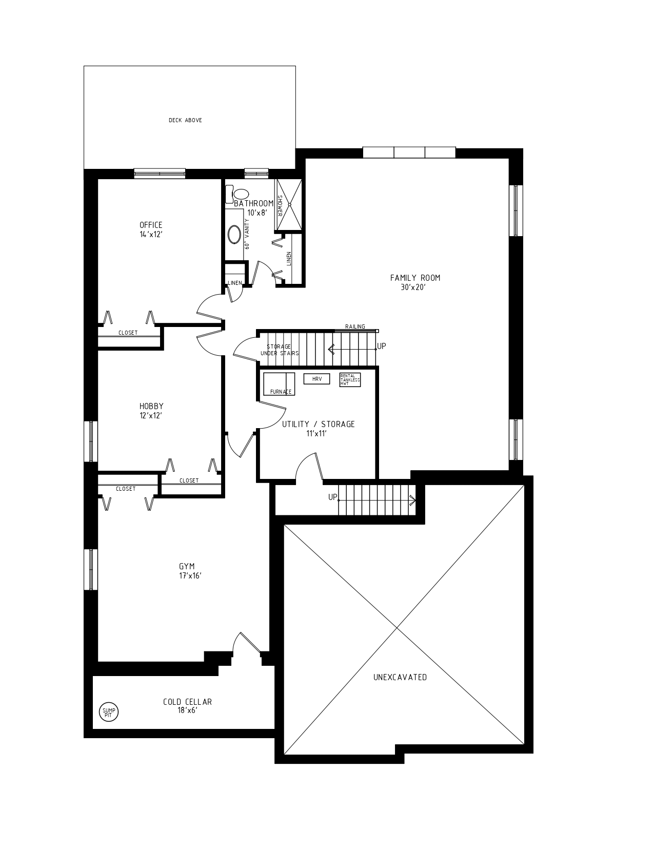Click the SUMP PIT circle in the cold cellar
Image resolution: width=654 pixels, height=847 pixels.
[x=108, y=712]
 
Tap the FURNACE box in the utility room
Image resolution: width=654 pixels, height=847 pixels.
[x=279, y=384]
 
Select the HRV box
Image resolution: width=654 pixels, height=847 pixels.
[x=316, y=379]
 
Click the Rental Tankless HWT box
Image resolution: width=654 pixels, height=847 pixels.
[x=350, y=380]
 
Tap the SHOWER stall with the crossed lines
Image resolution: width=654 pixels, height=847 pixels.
[x=289, y=204]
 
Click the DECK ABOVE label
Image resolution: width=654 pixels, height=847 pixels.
[x=185, y=120]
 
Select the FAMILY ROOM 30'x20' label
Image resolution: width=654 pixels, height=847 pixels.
[x=415, y=282]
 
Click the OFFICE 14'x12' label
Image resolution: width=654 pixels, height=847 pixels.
[x=151, y=229]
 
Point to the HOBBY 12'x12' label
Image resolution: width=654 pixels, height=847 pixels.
[x=151, y=411]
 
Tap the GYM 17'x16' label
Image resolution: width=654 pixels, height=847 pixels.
[x=187, y=570]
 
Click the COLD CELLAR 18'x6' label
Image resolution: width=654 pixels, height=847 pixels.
[x=187, y=706]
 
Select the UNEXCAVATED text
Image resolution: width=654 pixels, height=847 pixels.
[x=400, y=677]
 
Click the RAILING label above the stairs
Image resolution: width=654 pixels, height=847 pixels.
[x=355, y=326]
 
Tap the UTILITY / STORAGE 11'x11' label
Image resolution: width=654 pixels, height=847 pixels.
[x=318, y=428]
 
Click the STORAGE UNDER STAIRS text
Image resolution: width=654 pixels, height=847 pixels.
[x=279, y=350]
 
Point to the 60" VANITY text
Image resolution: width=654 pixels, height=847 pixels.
[x=247, y=235]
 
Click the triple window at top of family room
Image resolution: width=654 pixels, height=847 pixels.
[x=409, y=152]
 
